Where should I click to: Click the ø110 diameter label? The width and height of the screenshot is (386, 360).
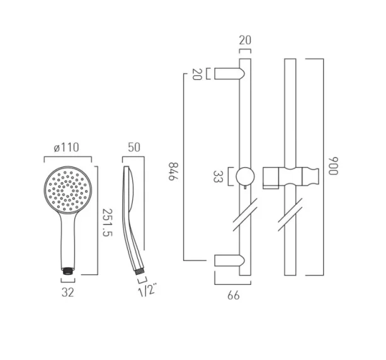click(67, 149)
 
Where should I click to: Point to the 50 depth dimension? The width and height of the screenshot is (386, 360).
click(134, 149)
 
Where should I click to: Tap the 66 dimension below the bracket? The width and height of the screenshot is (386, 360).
click(233, 295)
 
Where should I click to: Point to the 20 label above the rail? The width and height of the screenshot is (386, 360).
click(245, 40)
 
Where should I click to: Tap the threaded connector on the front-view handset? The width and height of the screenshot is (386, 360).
click(67, 270)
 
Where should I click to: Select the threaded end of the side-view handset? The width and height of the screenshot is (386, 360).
click(139, 270)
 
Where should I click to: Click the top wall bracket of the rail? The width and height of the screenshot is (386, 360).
click(227, 74)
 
